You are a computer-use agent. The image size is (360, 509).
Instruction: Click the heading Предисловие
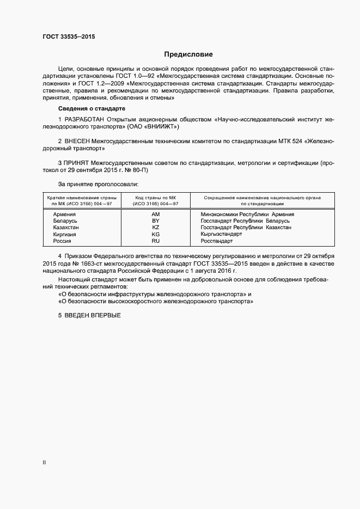pyautogui.click(x=188, y=54)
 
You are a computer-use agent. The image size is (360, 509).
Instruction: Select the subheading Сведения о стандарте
pyautogui.click(x=91, y=109)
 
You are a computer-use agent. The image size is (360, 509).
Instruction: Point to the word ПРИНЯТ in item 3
pyautogui.click(x=77, y=162)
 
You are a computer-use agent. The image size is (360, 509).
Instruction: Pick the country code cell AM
pyautogui.click(x=155, y=214)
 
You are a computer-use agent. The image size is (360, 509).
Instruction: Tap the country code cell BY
pyautogui.click(x=155, y=221)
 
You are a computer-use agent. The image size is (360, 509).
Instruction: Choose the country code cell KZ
pyautogui.click(x=155, y=228)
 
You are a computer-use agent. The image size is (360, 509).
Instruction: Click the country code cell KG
pyautogui.click(x=155, y=234)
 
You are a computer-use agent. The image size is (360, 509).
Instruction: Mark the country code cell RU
pyautogui.click(x=155, y=241)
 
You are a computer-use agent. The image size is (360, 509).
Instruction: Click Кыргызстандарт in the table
pyautogui.click(x=221, y=234)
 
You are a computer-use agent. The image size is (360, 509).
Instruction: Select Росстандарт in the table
pyautogui.click(x=216, y=241)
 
